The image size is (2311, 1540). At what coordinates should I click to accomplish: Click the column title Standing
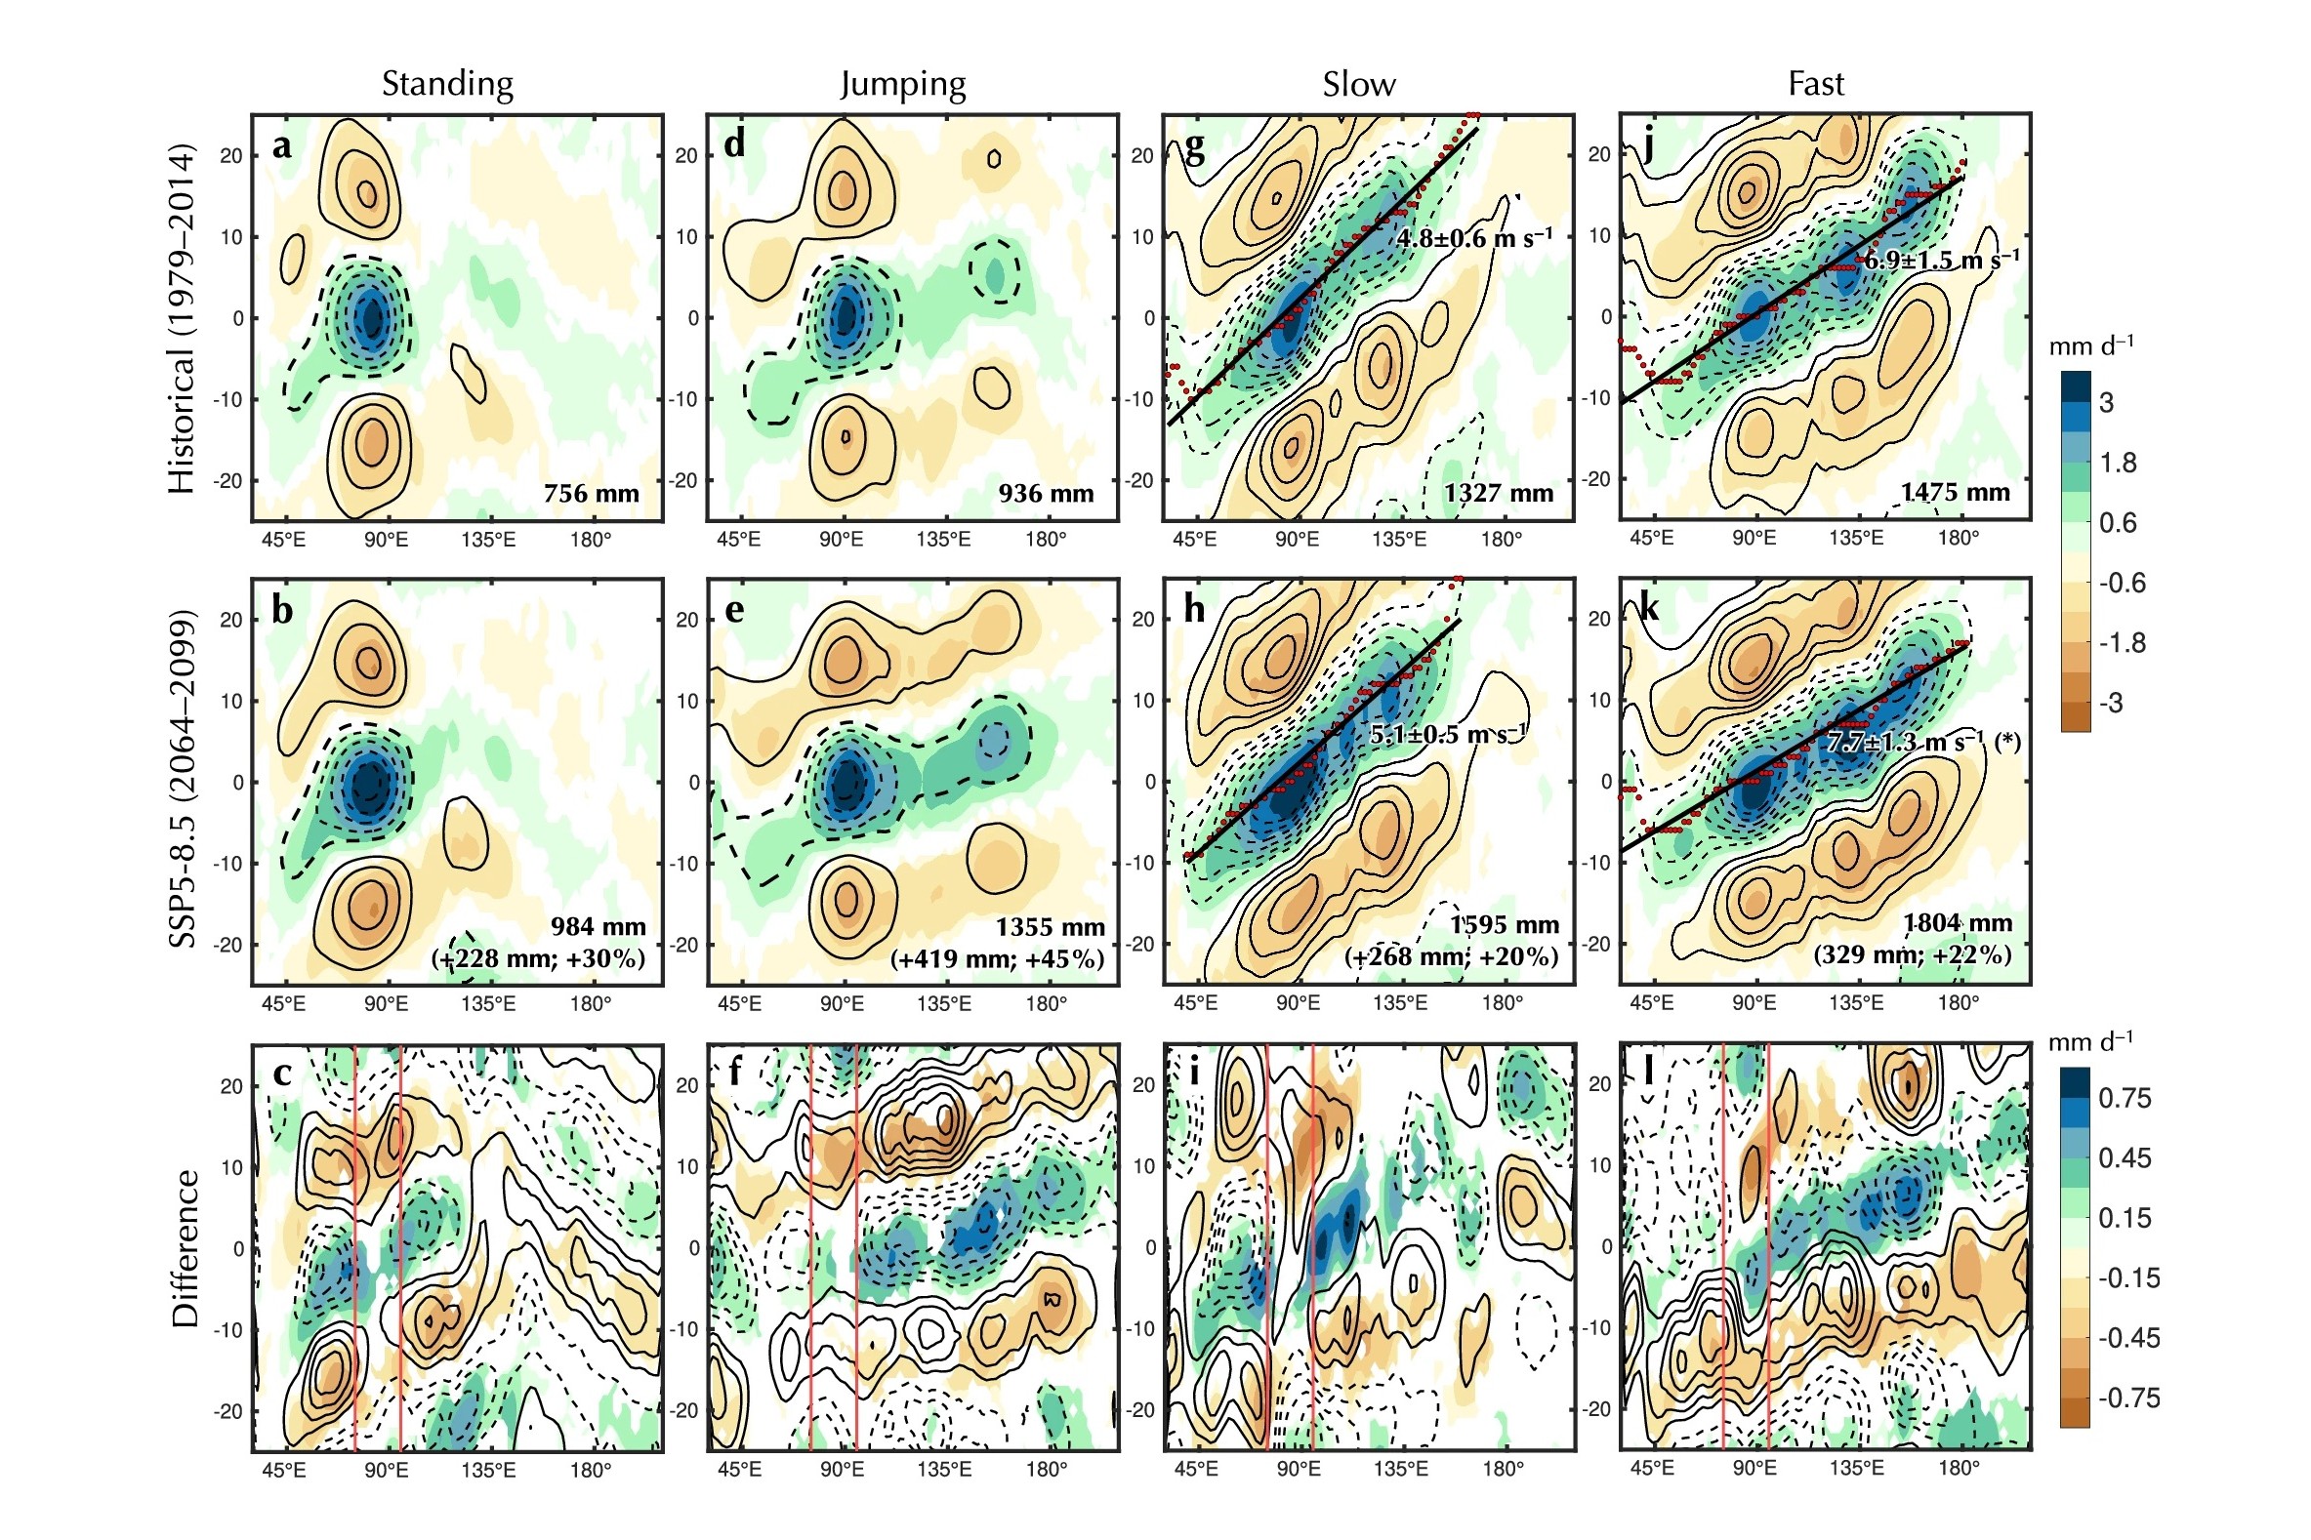tap(447, 85)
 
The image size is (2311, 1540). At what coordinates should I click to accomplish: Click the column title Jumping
tap(903, 85)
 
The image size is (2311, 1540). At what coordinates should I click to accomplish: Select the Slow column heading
tap(1358, 85)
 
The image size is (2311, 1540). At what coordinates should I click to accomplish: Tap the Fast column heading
tap(1815, 85)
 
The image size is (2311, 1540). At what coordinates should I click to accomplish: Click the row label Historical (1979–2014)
tap(183, 319)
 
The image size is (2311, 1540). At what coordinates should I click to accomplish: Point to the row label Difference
tap(185, 1248)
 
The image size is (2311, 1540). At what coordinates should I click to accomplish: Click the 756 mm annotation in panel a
tap(592, 493)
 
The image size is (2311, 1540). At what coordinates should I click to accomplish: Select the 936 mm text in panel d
tap(1047, 493)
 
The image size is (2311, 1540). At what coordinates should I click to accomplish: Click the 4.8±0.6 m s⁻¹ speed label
tap(1474, 238)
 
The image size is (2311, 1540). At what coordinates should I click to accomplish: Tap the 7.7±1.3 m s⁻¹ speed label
tap(1906, 742)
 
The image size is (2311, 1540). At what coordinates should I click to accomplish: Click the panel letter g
tap(1194, 147)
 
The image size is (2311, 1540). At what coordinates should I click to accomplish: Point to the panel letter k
tap(1650, 610)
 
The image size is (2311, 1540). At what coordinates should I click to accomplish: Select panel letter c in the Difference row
tap(282, 1074)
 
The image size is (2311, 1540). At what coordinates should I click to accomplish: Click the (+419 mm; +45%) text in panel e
tap(997, 958)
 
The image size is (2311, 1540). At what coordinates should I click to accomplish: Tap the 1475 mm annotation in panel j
tap(1956, 492)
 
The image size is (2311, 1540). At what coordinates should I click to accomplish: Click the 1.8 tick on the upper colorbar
tap(2118, 463)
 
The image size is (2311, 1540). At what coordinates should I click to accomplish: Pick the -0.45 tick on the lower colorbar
tap(2128, 1338)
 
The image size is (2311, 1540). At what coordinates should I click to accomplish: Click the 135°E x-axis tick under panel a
tap(488, 540)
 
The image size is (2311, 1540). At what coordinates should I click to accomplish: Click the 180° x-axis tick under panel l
tap(1959, 1469)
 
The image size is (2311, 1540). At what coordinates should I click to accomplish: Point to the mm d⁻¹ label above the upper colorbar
tap(2091, 346)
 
